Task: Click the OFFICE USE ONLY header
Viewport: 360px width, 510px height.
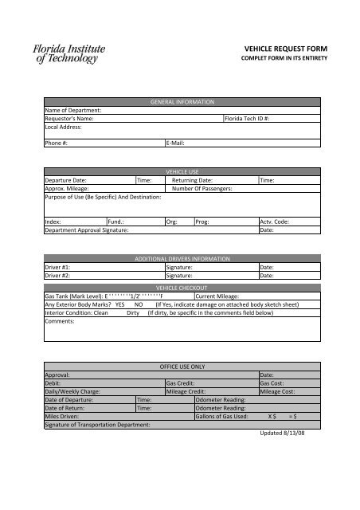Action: coord(182,366)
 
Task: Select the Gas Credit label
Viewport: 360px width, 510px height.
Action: coord(182,383)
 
